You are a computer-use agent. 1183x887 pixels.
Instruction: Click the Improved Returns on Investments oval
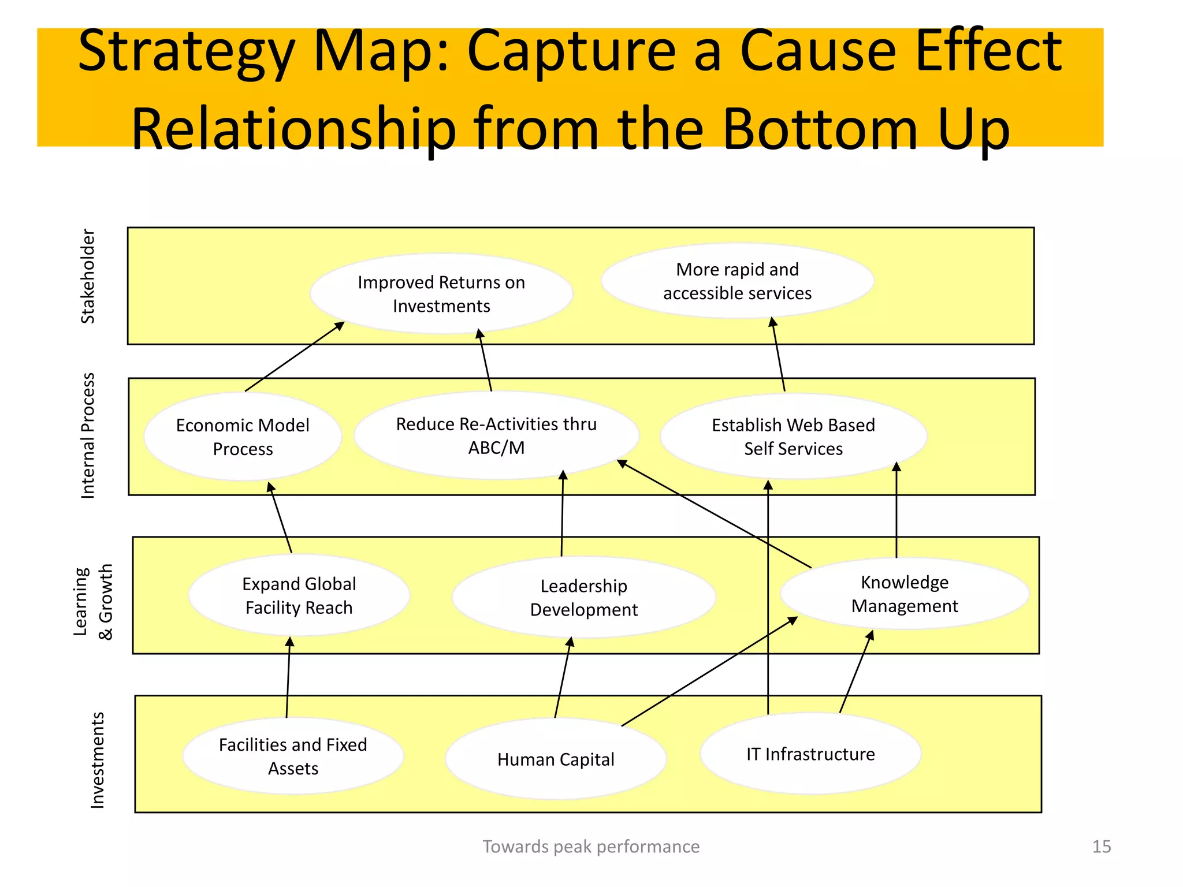(441, 294)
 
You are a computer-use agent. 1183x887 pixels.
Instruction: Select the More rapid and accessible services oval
(737, 281)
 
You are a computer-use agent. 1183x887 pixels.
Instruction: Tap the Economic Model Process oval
(243, 437)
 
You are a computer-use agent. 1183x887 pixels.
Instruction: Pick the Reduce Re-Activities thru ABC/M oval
(496, 436)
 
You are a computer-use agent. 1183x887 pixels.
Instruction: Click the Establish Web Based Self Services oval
(793, 437)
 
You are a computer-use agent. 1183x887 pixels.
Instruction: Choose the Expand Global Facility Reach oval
(299, 596)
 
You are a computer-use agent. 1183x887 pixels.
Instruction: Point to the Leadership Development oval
(583, 598)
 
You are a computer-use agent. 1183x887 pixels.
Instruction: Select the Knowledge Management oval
(904, 594)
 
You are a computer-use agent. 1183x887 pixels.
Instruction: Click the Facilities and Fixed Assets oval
(293, 756)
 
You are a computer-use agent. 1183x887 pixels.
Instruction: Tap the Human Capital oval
(556, 759)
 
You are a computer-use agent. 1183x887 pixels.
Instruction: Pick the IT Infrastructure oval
(810, 754)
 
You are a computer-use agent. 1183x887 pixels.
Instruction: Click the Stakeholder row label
(88, 276)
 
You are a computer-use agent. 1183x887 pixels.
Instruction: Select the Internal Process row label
(88, 435)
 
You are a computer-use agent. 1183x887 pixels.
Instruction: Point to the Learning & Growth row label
(92, 602)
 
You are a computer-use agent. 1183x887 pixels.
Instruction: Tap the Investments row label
(98, 760)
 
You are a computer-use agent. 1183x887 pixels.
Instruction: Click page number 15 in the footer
(1101, 847)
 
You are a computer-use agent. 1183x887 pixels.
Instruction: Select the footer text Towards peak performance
(591, 847)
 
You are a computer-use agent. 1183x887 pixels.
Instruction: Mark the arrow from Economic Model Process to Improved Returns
(295, 357)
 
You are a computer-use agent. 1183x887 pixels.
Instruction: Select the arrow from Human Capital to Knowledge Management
(709, 671)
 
